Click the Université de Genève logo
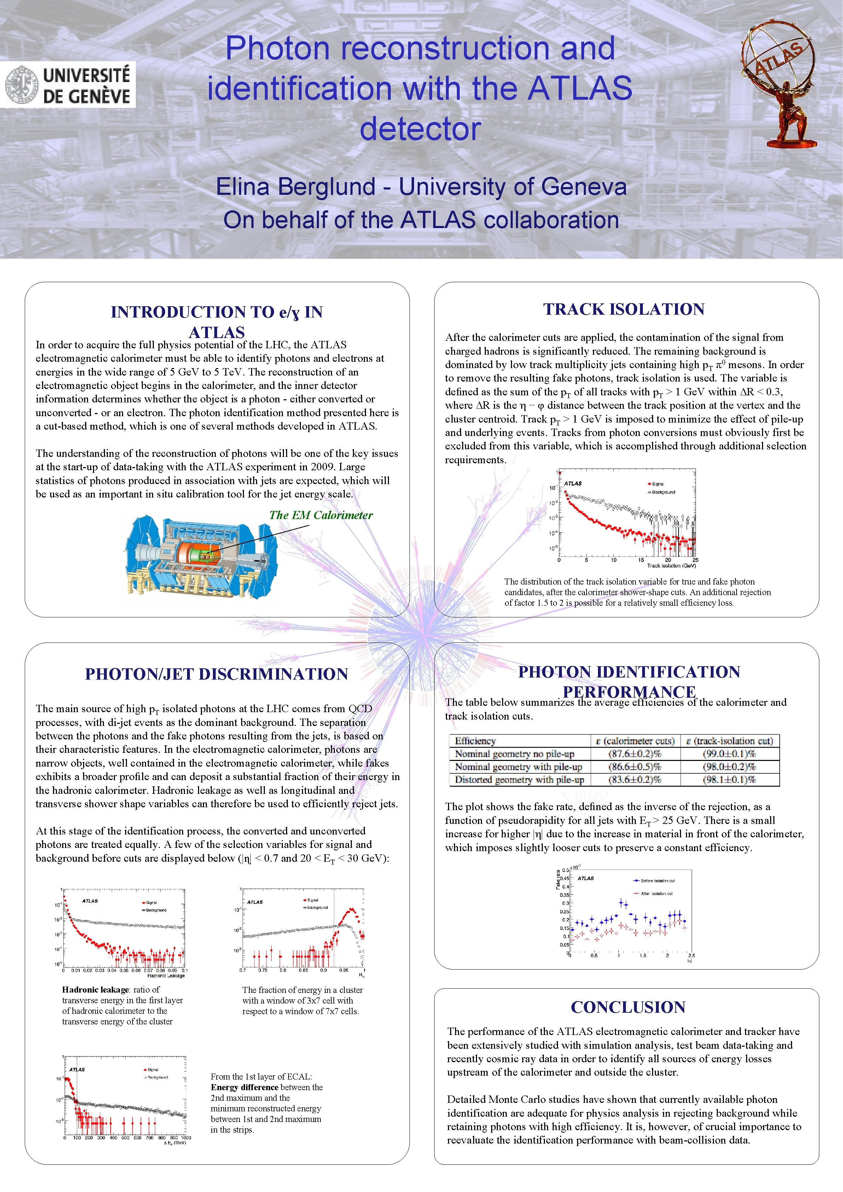click(x=68, y=85)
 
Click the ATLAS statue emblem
click(x=779, y=83)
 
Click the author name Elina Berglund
click(x=296, y=187)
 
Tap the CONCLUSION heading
click(x=628, y=1007)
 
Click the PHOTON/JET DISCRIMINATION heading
click(x=216, y=674)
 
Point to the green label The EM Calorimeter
click(x=320, y=515)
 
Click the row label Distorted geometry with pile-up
click(x=519, y=779)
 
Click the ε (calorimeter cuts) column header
click(x=634, y=741)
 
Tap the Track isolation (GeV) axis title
click(x=671, y=565)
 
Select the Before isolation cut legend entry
click(x=657, y=880)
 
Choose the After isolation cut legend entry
click(x=656, y=894)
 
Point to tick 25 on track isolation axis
click(x=695, y=560)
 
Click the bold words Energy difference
click(x=244, y=1087)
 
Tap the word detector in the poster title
click(x=420, y=128)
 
